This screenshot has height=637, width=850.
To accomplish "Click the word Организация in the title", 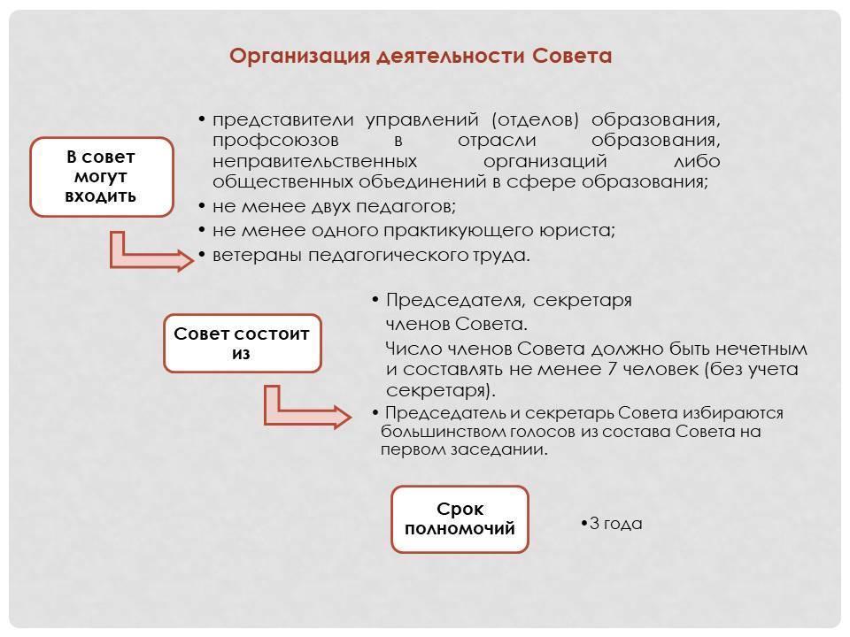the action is (x=299, y=57).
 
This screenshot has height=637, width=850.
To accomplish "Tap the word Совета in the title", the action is (x=572, y=56).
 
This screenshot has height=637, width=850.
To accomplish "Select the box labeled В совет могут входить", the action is (x=102, y=177).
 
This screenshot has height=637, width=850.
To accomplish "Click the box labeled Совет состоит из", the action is (x=243, y=343).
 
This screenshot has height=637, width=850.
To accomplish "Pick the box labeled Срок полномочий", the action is (x=460, y=519).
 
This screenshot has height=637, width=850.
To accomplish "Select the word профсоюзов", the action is (x=275, y=141).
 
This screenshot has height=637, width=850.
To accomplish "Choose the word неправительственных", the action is (x=315, y=161).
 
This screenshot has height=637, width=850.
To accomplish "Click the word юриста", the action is (x=577, y=231).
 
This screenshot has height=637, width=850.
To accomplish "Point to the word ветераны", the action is (x=257, y=255).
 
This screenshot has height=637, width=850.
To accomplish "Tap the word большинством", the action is (x=443, y=432).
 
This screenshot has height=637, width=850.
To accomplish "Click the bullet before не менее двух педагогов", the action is (x=202, y=206).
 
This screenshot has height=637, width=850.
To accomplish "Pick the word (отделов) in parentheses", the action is (x=536, y=119).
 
